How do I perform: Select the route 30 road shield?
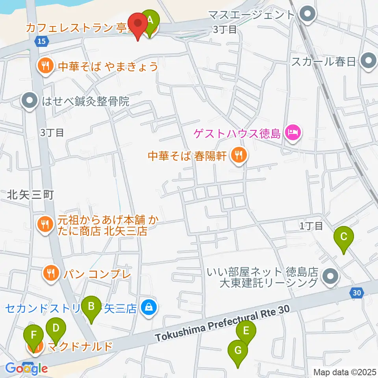point(356,292)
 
